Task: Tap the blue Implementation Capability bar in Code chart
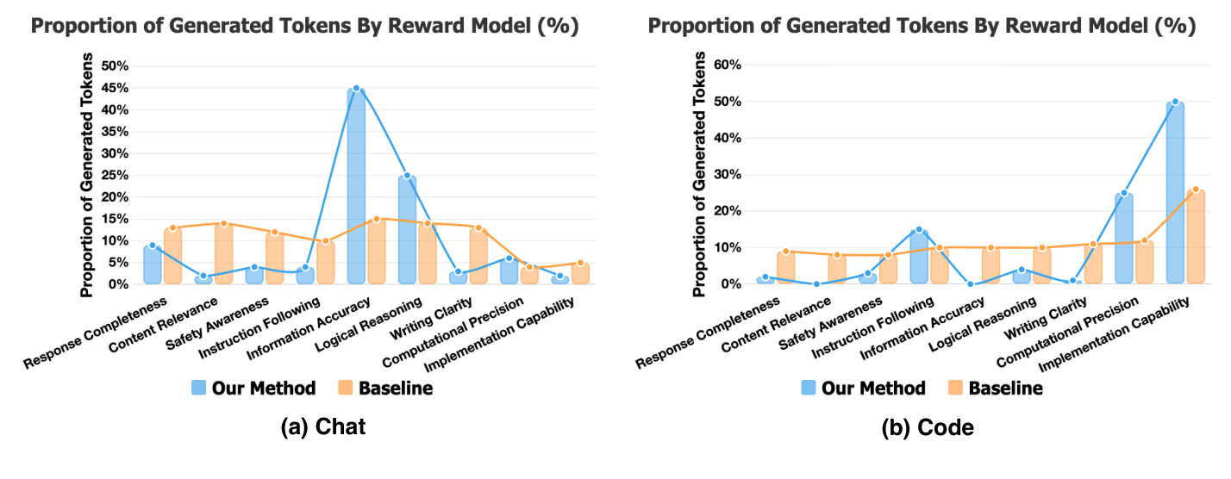point(1174,193)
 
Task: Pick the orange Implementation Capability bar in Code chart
point(1195,237)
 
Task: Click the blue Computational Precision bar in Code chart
point(1123,239)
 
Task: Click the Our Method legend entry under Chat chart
point(253,389)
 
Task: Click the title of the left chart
point(304,27)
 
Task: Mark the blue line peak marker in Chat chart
point(355,88)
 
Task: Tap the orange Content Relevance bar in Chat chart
point(223,253)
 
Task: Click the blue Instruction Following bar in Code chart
point(919,257)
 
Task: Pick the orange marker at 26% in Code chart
point(1195,190)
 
